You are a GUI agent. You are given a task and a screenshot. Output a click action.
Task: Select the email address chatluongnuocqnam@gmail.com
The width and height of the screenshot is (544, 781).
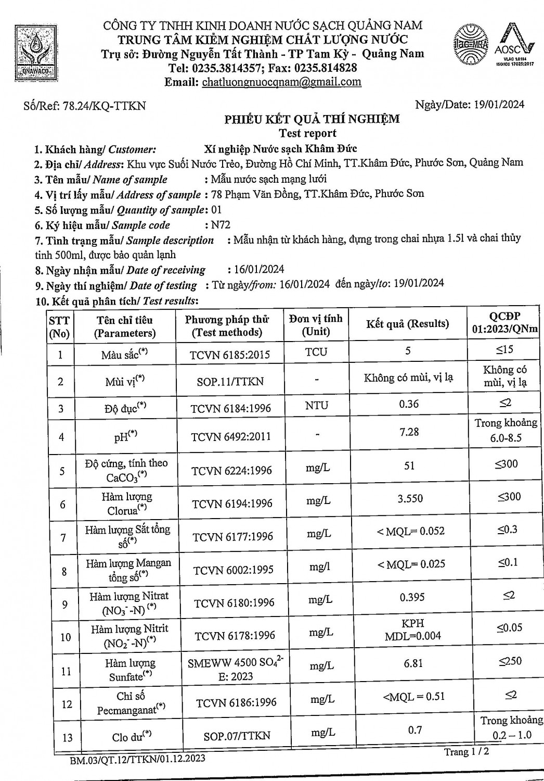click(281, 82)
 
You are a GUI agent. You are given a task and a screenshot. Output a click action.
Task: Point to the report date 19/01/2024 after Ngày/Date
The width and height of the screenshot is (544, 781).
click(499, 104)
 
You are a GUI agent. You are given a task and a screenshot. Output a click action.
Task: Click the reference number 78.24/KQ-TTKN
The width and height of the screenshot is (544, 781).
click(104, 106)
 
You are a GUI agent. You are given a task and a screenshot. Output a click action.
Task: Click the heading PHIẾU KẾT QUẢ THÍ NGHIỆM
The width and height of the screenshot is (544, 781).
click(312, 119)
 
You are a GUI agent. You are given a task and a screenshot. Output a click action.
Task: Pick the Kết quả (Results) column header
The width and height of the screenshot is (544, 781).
click(407, 324)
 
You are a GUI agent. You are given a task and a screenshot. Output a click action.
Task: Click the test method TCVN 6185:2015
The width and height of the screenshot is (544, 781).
click(230, 355)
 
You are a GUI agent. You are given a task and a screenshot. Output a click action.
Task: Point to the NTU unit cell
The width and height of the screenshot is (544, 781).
click(316, 405)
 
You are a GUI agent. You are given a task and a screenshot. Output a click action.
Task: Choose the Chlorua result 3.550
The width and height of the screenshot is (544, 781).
click(410, 498)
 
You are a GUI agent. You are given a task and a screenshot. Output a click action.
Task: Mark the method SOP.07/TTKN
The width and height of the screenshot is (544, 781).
click(237, 736)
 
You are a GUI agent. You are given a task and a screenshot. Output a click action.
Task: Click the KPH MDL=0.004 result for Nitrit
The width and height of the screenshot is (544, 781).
click(413, 629)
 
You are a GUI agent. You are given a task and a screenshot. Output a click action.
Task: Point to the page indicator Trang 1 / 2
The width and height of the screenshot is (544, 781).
click(466, 752)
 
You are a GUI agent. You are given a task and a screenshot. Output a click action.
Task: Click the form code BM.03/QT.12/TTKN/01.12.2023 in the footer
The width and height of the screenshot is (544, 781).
click(137, 759)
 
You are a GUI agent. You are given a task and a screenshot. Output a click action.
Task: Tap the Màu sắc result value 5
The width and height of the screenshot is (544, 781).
click(408, 351)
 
